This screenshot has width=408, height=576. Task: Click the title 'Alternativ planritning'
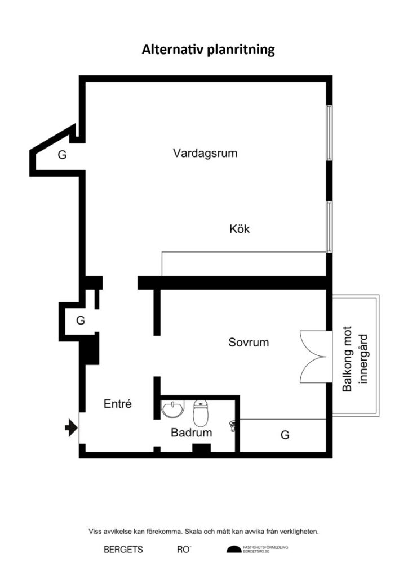[x=209, y=49]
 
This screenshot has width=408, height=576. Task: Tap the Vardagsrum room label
[x=205, y=153]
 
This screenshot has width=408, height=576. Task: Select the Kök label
[x=240, y=229]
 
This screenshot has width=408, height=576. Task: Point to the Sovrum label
[x=249, y=343]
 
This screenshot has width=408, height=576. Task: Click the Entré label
[x=118, y=404]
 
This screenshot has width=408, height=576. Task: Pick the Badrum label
[x=191, y=433]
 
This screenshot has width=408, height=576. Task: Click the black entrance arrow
[x=71, y=428]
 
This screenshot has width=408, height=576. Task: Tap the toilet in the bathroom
[x=201, y=413]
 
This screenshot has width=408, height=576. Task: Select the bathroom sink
[x=172, y=409]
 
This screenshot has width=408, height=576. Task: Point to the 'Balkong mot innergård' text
[x=355, y=359]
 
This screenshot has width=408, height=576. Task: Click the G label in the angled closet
[x=62, y=155]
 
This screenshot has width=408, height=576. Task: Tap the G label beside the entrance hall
[x=81, y=321]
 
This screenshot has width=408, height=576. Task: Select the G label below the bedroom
[x=285, y=435]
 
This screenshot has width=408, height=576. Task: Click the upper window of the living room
[x=329, y=133]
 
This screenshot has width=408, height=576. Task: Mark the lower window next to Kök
[x=329, y=227]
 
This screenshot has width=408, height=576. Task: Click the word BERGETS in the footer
[x=123, y=550]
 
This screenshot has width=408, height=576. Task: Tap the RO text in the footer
[x=184, y=550]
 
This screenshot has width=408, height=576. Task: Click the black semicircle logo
[x=234, y=549]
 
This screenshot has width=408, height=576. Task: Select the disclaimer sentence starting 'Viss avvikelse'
[x=203, y=531]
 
